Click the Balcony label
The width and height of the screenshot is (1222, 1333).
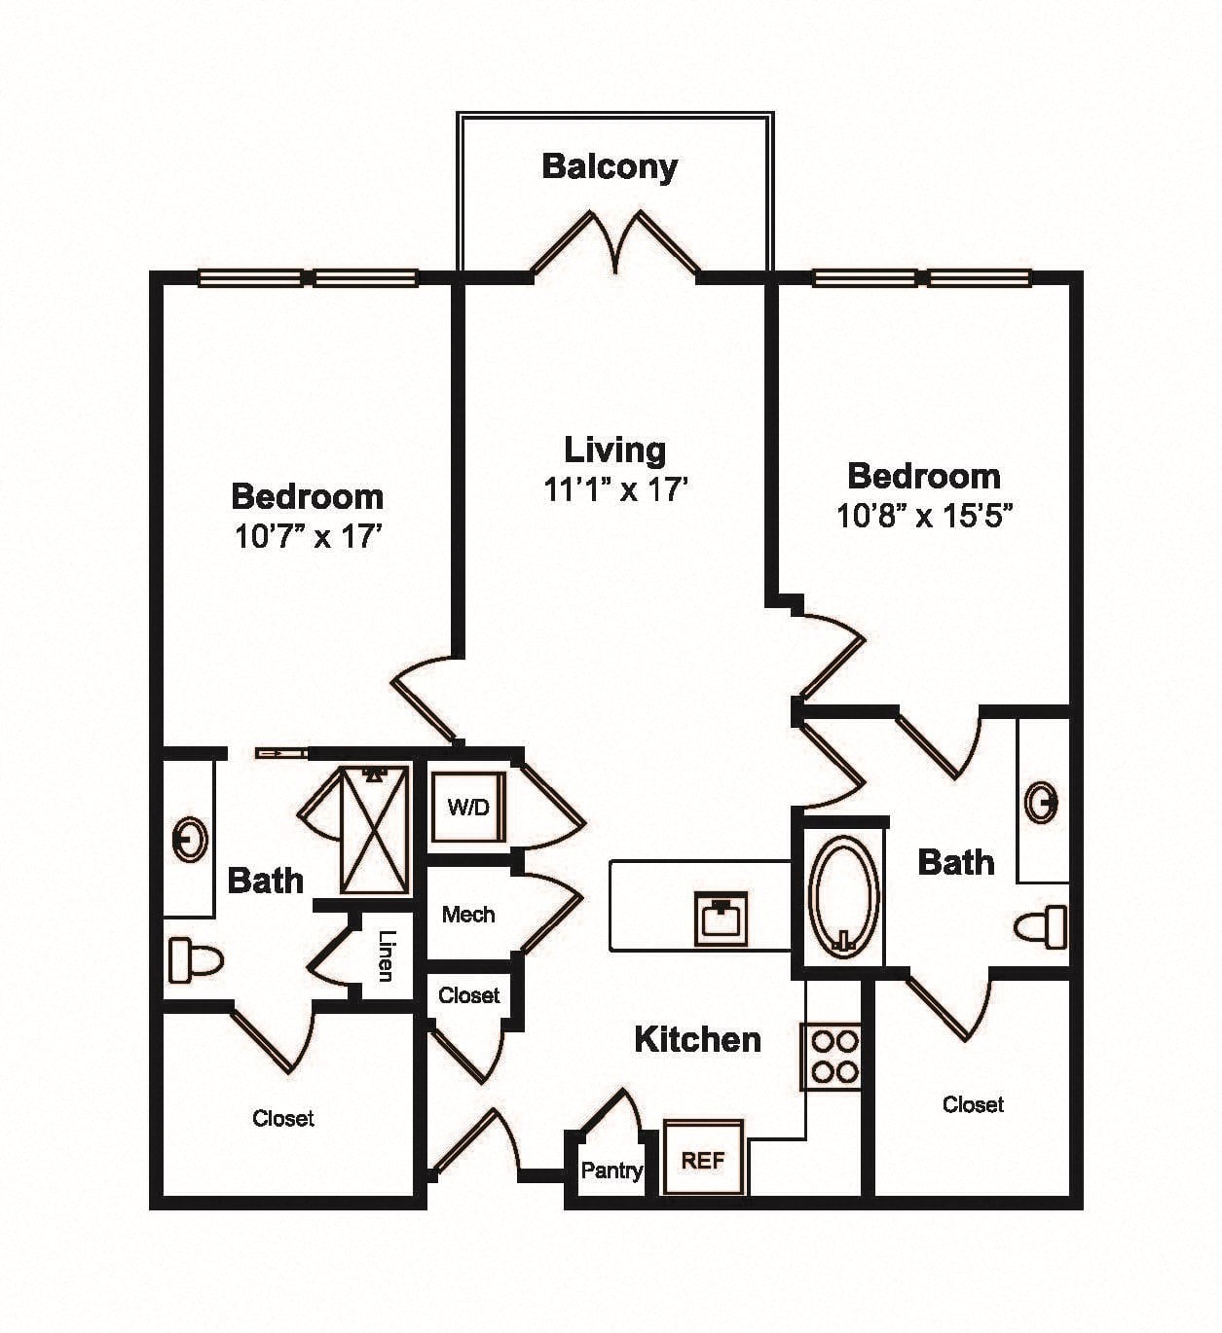pos(610,166)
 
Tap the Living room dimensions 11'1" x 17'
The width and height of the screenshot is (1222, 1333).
pos(614,489)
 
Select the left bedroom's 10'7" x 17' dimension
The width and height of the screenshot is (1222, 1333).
pos(308,536)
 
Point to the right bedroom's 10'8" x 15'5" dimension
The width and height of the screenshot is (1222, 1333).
pos(924,516)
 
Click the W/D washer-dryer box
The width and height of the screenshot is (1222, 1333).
pos(468,808)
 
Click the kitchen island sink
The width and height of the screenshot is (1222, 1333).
pos(722,919)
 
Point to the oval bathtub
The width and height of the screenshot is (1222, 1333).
pos(843,896)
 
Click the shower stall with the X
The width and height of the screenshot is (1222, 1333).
pos(374,830)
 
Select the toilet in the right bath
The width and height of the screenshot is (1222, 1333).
pos(1041,927)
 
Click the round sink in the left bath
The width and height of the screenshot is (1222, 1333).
pos(190,840)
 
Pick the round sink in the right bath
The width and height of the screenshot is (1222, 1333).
pos(1042,803)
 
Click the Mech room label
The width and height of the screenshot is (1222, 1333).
pos(468,915)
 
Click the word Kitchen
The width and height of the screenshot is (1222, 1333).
pos(698,1039)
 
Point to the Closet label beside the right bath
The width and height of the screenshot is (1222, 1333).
pos(973,1103)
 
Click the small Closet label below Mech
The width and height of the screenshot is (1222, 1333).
pos(469,994)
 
